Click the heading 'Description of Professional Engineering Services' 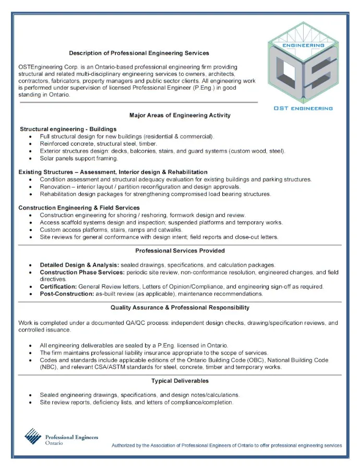tap(139, 53)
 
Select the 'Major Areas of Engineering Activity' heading tap(179, 115)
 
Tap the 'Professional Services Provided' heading tap(180, 251)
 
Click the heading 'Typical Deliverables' tap(180, 381)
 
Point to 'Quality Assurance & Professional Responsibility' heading tap(180, 308)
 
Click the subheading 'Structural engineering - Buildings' tap(68, 129)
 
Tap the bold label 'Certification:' tap(58, 287)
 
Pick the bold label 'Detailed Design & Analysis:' tap(79, 265)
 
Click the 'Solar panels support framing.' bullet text tap(79, 158)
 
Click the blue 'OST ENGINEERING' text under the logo tap(303, 109)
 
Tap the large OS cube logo tap(304, 65)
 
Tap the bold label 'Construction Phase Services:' tap(82, 273)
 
